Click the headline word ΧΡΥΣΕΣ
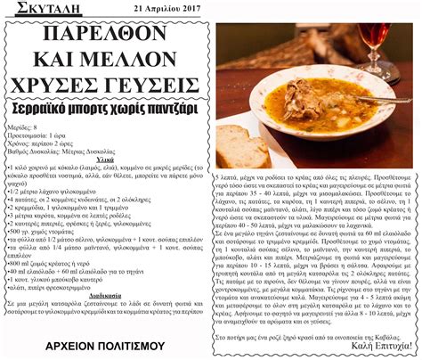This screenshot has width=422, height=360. coord(62,86)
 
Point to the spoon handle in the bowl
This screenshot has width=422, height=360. coord(374,98)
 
